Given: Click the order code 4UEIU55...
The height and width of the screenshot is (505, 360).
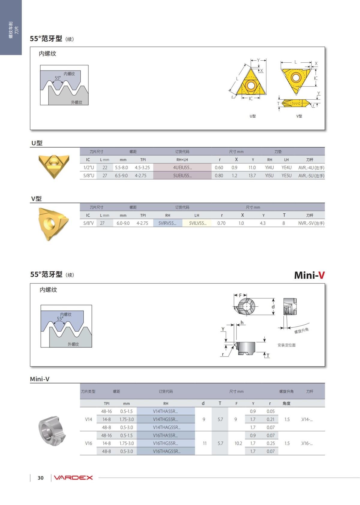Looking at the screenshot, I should coord(182,168).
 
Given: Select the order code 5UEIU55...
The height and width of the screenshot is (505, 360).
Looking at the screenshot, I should coord(182,176).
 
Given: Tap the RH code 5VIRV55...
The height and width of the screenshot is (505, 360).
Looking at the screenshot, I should coord(167,223).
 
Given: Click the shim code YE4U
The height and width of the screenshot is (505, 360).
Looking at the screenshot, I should coord(286,168).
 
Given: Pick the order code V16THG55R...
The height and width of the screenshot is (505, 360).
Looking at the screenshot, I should coord(165,443).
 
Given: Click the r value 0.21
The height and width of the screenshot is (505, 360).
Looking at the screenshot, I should coord(270,419).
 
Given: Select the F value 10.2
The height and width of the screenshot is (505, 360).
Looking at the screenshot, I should coord(238,443).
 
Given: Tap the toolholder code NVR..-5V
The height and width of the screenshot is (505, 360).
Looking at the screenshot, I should coord(311,223).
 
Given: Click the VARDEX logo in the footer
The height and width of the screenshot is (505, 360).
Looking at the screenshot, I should coord(73,478).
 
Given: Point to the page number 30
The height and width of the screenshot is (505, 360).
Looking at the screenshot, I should coord(40,478).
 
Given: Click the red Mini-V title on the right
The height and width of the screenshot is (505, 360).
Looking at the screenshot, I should coord(309,275).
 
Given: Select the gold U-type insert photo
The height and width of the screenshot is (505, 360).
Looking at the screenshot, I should coord(54,165).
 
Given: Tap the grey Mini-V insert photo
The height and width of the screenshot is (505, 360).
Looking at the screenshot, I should coord(52,431).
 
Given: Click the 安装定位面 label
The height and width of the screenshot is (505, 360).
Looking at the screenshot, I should coord(286,345).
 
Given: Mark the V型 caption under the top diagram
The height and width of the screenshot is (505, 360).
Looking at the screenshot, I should coord(299,116).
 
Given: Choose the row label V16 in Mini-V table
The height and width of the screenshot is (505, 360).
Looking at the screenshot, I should coord(88,443).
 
